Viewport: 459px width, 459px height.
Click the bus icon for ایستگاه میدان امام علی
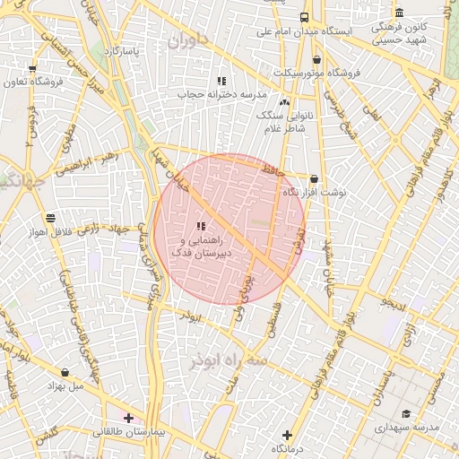[x=305, y=17]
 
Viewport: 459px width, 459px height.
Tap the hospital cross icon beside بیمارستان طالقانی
[x=129, y=417]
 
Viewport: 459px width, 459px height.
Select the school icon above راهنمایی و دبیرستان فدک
[x=201, y=226]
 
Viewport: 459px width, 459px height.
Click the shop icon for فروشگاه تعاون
[x=32, y=69]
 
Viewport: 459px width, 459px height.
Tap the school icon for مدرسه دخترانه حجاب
[x=221, y=81]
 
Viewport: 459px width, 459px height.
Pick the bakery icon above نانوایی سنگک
[x=284, y=103]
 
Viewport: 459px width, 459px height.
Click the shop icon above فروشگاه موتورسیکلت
[x=316, y=60]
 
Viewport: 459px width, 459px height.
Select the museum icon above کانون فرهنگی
[x=399, y=13]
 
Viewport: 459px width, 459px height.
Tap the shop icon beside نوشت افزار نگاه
[x=313, y=178]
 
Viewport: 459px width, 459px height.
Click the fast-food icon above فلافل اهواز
[x=49, y=218]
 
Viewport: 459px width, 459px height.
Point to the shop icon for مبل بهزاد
[x=65, y=372]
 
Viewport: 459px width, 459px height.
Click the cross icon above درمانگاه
[x=287, y=434]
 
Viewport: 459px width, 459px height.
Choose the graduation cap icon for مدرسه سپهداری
[x=407, y=413]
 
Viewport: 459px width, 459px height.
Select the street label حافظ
[x=271, y=169]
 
